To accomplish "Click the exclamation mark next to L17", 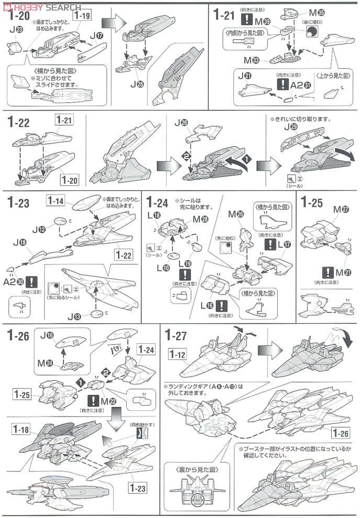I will pos(269,244).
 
